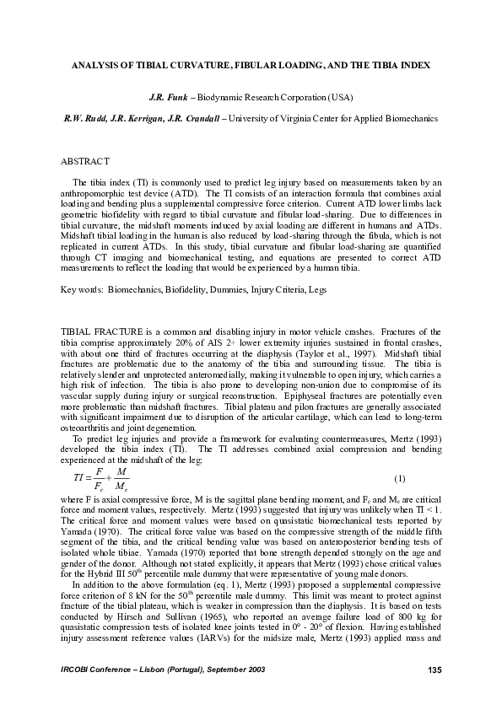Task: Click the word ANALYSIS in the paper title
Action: [x=94, y=65]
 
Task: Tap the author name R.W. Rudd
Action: [x=81, y=119]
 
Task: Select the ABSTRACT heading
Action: [x=87, y=160]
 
